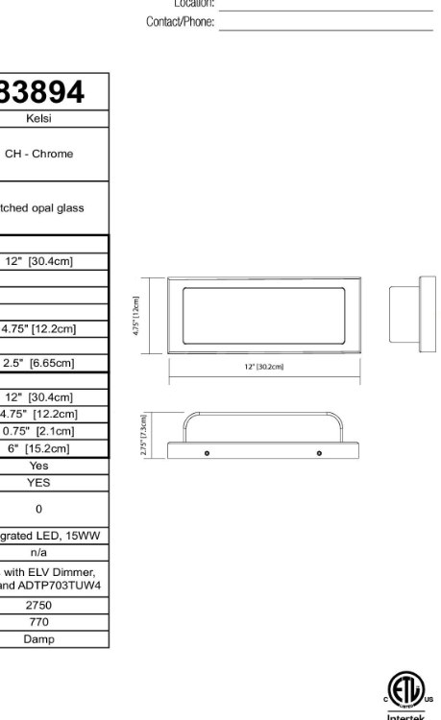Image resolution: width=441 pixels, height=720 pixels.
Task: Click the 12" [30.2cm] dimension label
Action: (x=264, y=367)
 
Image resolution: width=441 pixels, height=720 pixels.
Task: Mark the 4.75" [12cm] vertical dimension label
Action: (x=136, y=315)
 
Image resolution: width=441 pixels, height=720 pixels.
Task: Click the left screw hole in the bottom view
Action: (x=207, y=451)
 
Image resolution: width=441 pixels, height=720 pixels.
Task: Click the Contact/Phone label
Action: (x=180, y=21)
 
